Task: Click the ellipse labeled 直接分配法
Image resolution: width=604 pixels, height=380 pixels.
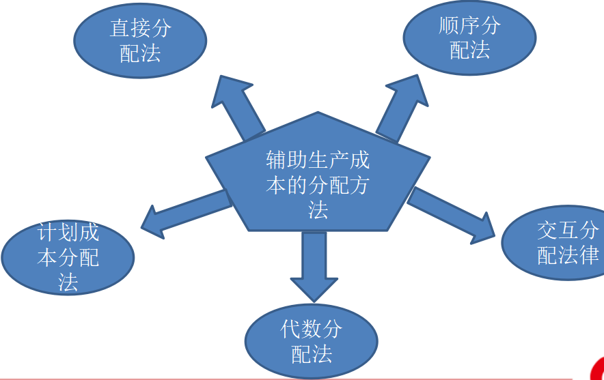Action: [x=140, y=41]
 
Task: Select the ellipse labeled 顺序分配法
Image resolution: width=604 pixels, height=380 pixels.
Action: [x=469, y=38]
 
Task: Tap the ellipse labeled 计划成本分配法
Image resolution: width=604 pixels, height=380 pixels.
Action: [x=68, y=257]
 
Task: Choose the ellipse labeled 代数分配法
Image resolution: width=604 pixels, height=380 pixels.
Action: [x=311, y=341]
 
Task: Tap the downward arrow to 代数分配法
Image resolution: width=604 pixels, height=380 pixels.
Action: [x=314, y=266]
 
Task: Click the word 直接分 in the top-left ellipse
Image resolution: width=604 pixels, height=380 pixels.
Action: [x=140, y=29]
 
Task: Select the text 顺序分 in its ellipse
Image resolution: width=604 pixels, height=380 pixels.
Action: [x=469, y=27]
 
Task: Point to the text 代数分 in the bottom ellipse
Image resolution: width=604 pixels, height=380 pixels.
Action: [x=311, y=330]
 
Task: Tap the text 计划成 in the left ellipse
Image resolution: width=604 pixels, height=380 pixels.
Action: [x=68, y=233]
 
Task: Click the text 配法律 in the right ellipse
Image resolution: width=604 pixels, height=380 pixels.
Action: [x=568, y=255]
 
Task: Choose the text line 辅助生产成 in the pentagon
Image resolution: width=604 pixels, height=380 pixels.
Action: [x=318, y=161]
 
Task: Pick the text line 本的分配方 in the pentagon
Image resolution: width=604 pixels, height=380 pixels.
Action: [x=318, y=185]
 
